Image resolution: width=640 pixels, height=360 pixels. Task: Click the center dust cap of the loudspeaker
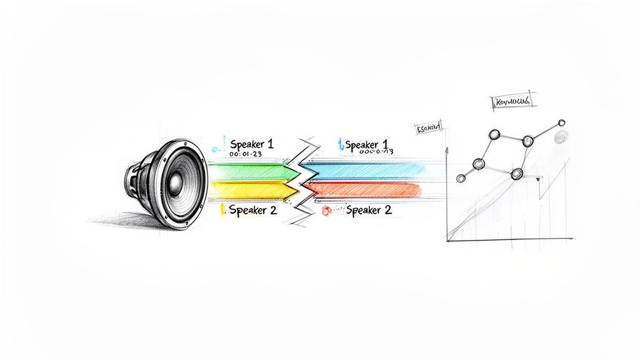tap(175, 182)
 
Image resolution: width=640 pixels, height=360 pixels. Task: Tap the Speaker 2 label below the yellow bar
tap(252, 210)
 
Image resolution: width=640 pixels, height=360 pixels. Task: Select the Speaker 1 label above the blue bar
tap(367, 144)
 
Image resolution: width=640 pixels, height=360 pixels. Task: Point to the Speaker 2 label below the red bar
tap(369, 211)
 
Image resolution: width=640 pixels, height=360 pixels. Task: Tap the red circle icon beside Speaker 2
tap(325, 211)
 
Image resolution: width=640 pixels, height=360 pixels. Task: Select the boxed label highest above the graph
tap(511, 101)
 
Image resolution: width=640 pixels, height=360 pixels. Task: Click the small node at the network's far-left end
tap(461, 179)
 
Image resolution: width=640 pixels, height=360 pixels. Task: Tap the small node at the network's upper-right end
tap(561, 122)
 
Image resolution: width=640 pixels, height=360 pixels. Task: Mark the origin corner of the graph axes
tap(447, 239)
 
